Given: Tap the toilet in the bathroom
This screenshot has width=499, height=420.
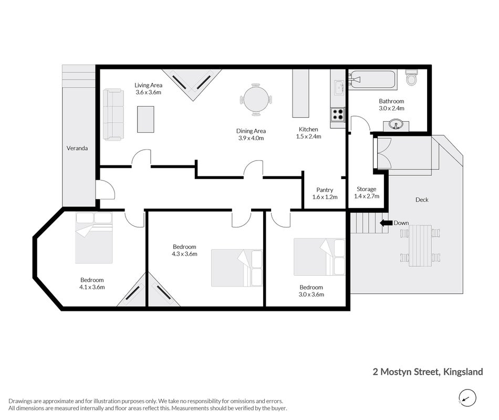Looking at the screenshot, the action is click(411, 77).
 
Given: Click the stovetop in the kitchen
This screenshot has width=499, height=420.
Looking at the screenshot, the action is click(338, 114).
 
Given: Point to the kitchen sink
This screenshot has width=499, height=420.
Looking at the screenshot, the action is click(339, 88).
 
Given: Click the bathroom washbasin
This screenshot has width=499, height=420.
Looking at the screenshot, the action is click(396, 125).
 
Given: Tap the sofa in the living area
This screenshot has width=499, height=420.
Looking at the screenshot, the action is click(113, 114).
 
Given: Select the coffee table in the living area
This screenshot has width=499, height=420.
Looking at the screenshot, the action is click(145, 119).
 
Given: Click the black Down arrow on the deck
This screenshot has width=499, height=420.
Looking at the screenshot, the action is click(386, 223).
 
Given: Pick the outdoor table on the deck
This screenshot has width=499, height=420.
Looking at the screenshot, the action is click(420, 246).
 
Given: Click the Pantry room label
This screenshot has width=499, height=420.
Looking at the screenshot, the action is click(325, 190).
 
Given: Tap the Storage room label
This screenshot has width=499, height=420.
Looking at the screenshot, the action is click(366, 189).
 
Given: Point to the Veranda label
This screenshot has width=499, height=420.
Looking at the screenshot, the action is click(77, 148).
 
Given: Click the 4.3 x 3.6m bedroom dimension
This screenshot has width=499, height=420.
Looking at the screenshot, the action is click(184, 254).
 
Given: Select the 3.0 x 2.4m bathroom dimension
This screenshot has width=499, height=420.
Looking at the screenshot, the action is click(391, 109).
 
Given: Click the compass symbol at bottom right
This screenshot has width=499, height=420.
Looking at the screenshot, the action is click(467, 398).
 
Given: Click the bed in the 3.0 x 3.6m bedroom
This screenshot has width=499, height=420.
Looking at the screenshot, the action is click(319, 257).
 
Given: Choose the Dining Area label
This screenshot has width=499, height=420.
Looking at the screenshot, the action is click(251, 131).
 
